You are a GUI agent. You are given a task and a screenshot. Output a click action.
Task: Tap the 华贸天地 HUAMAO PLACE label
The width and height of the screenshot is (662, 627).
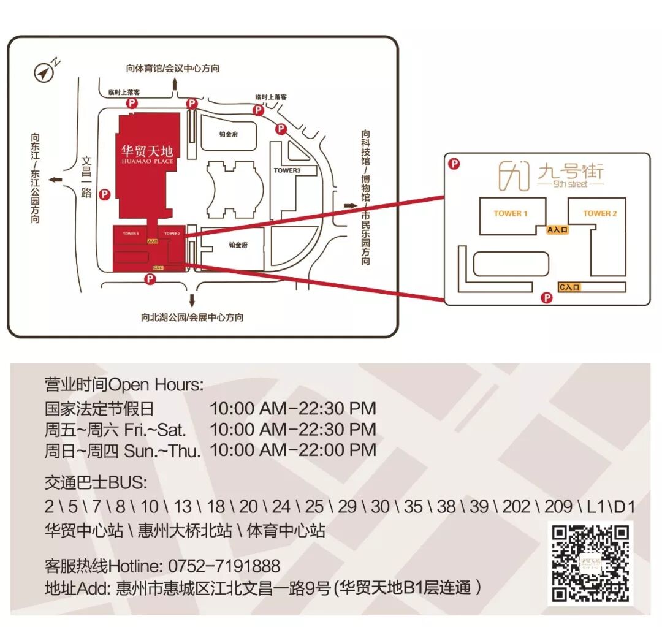[147, 153]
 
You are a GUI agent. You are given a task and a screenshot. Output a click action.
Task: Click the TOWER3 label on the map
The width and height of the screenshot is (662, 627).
[287, 170]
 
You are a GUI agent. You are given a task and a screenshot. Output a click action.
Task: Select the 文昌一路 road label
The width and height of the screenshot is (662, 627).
[86, 178]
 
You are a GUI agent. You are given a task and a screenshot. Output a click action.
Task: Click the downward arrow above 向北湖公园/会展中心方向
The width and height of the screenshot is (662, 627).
[192, 300]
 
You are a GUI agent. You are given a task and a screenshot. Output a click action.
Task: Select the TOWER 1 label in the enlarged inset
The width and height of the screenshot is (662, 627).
[511, 213]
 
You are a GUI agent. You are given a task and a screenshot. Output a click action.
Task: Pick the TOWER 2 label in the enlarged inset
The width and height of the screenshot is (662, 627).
[599, 213]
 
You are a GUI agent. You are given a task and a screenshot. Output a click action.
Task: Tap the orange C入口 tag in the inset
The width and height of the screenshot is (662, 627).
[569, 286]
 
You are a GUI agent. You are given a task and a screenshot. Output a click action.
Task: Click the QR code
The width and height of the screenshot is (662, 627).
[590, 563]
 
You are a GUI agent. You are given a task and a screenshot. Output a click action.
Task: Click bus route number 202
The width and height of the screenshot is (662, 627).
[516, 507]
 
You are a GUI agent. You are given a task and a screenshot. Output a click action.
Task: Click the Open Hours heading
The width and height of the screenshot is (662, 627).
[123, 385]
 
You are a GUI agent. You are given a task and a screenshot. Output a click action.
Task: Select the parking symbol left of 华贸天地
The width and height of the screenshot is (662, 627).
[104, 195]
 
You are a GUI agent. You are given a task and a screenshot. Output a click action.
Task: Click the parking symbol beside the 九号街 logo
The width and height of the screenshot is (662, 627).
[454, 164]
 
